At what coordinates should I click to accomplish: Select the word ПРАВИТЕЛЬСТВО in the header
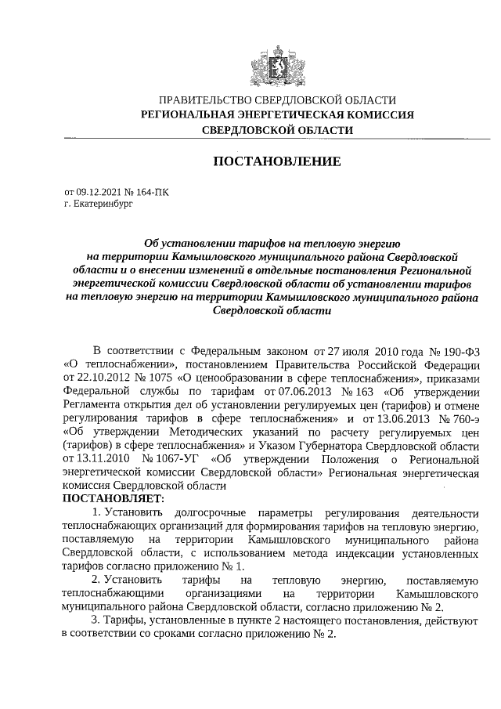pos(205,100)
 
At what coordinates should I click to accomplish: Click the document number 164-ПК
pos(151,190)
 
